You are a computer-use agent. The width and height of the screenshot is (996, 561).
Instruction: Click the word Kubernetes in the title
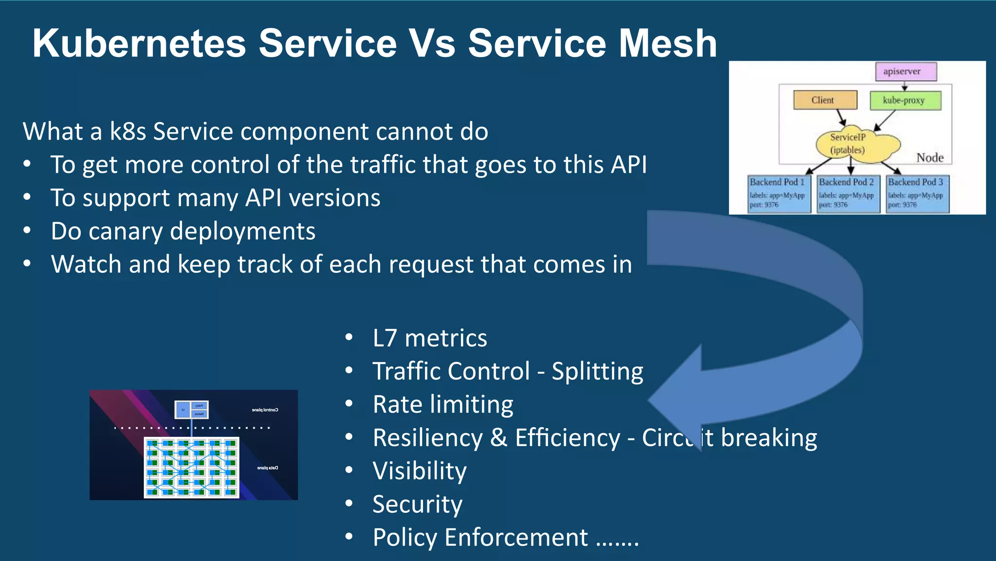[x=139, y=44]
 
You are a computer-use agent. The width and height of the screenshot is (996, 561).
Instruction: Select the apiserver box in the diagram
[x=906, y=72]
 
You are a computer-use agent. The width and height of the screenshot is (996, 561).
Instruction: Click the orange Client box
[x=825, y=100]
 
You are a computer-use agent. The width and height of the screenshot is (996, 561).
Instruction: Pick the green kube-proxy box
[x=905, y=100]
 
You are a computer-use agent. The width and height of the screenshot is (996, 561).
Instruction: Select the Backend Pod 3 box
[x=917, y=194]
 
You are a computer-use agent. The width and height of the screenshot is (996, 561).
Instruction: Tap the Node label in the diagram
[x=929, y=158]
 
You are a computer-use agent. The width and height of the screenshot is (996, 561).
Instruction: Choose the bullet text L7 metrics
[x=429, y=338]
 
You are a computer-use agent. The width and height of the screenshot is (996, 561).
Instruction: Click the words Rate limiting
[x=443, y=404]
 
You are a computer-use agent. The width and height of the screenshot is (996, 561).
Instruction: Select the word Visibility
[x=419, y=471]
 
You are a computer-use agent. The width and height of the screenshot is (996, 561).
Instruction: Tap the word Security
[x=417, y=504]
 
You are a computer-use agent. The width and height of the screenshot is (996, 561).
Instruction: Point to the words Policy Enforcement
[x=480, y=537]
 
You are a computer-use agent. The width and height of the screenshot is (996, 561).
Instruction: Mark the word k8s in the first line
[x=127, y=132]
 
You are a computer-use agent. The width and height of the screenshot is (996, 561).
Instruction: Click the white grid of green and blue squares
[x=192, y=468]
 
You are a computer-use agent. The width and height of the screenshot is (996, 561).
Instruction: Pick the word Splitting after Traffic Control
[x=597, y=371]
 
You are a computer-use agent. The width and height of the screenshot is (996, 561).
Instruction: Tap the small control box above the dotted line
[x=192, y=409]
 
